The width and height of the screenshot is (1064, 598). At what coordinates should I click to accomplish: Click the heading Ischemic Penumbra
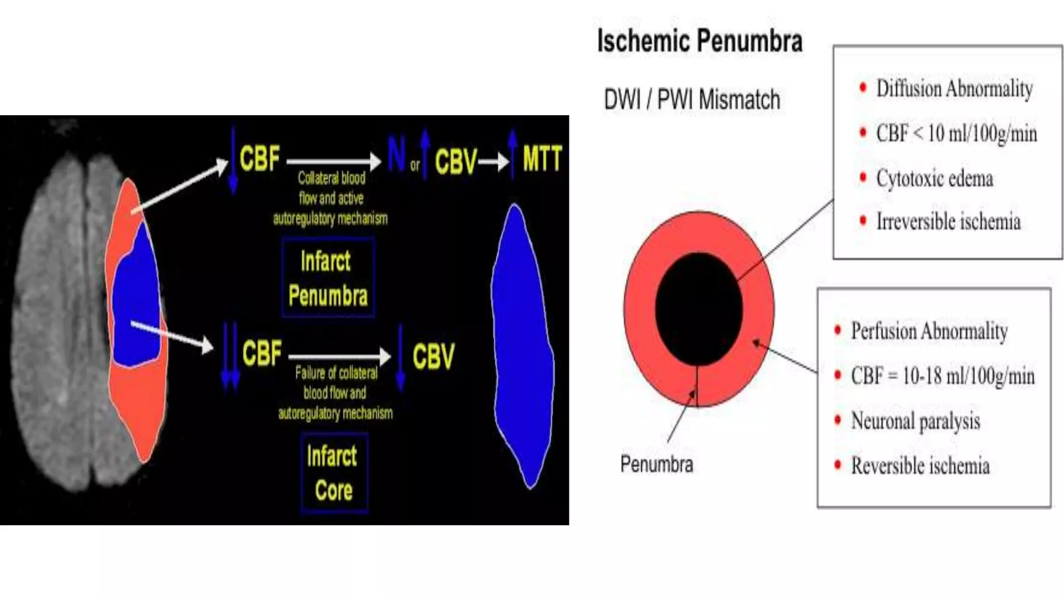pos(699,41)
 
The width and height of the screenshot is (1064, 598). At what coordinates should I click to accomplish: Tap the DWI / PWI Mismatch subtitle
pos(691,99)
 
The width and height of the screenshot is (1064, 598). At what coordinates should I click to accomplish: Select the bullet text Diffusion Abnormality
pos(954,88)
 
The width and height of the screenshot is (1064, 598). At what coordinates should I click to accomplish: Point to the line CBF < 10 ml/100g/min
pos(956,133)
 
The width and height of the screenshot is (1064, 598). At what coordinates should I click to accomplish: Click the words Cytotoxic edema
pos(934,178)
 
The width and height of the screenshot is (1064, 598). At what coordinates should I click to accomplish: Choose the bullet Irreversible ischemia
pos(948,222)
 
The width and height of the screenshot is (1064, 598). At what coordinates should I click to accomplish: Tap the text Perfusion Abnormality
pos(929,331)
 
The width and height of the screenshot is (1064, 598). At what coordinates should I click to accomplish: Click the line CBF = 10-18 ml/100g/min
pos(942,376)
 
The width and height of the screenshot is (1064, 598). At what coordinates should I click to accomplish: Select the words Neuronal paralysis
pos(915,421)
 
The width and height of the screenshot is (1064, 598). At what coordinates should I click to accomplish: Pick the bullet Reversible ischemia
pos(920,466)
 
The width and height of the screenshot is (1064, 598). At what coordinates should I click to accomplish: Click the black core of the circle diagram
pos(698,309)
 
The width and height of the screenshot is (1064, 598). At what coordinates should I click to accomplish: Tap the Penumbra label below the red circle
pos(656,464)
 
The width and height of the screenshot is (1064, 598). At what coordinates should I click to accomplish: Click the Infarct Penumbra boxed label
pos(328,278)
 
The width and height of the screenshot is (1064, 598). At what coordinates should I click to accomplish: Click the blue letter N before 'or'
pos(396,154)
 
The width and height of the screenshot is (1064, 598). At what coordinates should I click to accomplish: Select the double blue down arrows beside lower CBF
pos(230,356)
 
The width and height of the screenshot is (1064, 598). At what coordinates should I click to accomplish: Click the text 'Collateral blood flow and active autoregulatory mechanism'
pos(331,198)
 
